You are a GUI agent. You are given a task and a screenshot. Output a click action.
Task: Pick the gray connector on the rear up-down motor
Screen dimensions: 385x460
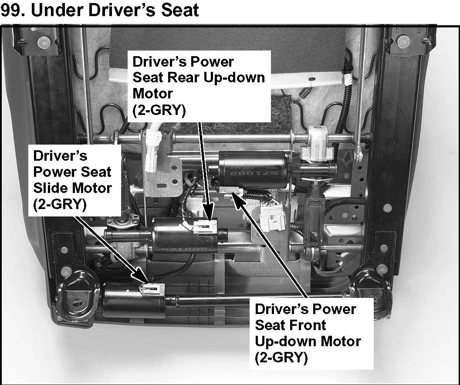(205, 226)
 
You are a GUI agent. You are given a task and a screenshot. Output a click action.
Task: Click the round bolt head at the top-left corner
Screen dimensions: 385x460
(43, 42)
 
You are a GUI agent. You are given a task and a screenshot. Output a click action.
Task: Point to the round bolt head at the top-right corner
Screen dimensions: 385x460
(403, 41)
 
